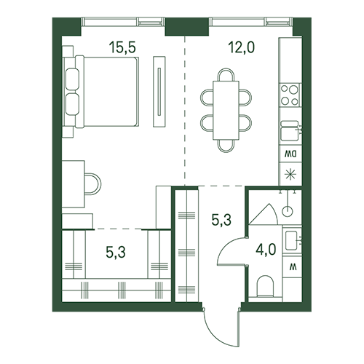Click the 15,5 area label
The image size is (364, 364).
coord(122,47)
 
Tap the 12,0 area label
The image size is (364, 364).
coord(241,47)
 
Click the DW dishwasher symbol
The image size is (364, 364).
coord(290,154)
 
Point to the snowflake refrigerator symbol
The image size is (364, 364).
coord(290,175)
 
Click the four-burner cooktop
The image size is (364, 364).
coord(290,95)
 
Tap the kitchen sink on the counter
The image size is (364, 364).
coord(290,131)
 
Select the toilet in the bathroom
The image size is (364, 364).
coord(266,286)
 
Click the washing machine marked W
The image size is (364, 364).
coord(293,267)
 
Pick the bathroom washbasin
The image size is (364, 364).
coord(292,240)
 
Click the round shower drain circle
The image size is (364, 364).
coord(288,211)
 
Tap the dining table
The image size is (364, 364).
coord(226,111)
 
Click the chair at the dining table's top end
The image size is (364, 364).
coord(226,74)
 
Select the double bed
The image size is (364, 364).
coord(100,92)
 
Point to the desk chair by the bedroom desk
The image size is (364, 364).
coord(92,184)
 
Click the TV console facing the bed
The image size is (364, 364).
coord(159,92)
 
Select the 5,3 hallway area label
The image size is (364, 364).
coord(221,220)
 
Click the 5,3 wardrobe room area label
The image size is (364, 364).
coord(116,252)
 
